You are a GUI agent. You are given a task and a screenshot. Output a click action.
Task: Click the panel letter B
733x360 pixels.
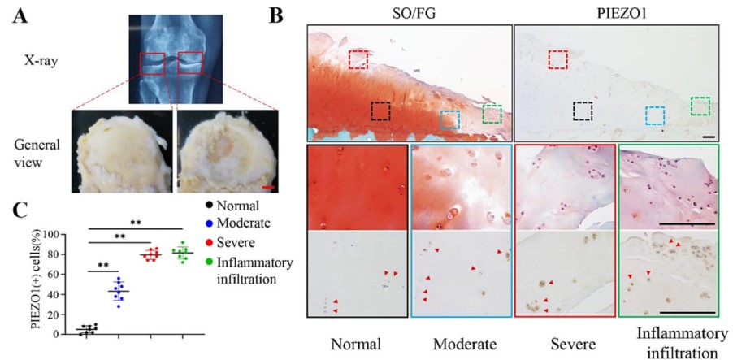coord(276,15)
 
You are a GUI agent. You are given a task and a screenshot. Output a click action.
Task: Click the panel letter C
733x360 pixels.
coord(17,210)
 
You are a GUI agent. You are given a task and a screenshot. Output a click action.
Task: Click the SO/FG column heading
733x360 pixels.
coord(409,13)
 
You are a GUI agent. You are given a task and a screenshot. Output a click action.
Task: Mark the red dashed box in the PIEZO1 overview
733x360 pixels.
coord(557,59)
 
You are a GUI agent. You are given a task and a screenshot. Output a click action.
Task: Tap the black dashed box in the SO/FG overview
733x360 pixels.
coord(381,111)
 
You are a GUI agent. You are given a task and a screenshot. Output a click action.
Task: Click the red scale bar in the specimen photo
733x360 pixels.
coord(269,189)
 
